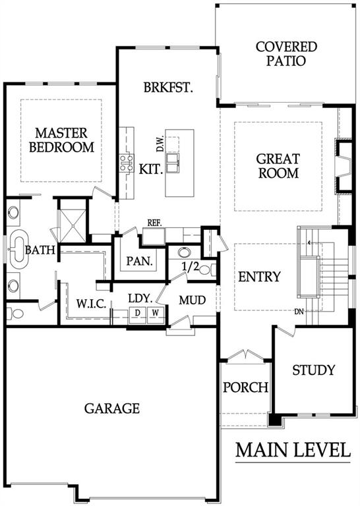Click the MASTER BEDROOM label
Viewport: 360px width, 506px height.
click(x=61, y=140)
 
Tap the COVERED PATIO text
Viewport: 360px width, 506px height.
click(x=286, y=54)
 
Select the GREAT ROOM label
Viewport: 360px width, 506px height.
click(x=278, y=166)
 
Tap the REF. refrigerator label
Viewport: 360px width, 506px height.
click(x=155, y=223)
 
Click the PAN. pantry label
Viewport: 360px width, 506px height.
click(x=140, y=261)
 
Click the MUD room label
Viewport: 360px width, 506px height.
click(x=193, y=300)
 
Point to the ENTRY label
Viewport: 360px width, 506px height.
click(x=259, y=277)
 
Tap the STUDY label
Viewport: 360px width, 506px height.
click(x=313, y=370)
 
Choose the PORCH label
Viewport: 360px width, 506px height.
click(x=245, y=387)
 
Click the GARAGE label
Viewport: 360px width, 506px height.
click(x=112, y=408)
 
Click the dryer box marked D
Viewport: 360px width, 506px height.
click(x=138, y=312)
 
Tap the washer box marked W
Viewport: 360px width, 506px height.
click(x=155, y=312)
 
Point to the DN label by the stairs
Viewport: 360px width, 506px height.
click(x=299, y=312)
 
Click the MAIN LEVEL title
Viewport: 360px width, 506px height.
click(x=293, y=451)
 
